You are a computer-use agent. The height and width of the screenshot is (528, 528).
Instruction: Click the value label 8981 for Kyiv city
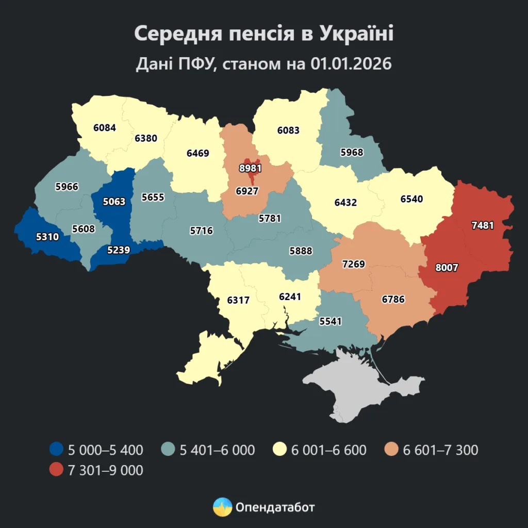251,168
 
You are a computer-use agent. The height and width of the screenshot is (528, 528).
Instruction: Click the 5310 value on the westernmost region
47,237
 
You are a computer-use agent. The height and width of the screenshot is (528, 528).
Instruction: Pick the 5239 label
119,250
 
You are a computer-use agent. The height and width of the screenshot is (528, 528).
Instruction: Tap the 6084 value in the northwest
105,127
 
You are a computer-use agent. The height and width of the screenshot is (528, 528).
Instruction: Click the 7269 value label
353,264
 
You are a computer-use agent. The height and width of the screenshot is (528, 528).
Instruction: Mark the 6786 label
393,299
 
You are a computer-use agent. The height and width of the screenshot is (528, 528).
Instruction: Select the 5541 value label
331,321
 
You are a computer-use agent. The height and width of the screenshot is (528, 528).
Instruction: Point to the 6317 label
238,299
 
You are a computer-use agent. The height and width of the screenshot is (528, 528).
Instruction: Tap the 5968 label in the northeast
352,152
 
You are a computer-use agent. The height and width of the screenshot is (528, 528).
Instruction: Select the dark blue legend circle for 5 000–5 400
56,450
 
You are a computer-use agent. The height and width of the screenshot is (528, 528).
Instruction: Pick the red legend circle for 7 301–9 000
56,470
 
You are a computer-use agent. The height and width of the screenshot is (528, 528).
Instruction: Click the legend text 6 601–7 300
440,450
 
